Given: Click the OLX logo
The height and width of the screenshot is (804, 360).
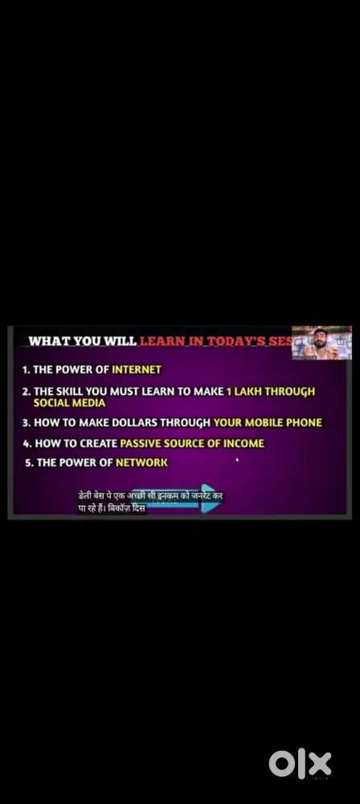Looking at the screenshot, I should coord(300,763).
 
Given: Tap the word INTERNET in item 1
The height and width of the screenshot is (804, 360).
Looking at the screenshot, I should coord(137,370).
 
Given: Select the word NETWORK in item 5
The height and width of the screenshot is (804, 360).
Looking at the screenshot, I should coord(141,463).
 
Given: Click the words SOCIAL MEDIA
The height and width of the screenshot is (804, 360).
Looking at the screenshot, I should coord(69,403).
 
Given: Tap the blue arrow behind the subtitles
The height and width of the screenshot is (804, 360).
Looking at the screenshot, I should coord(207,498).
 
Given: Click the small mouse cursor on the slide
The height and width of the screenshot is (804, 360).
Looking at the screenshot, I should coord(237,461).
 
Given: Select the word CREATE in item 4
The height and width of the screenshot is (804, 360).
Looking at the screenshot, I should coord(98,443).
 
